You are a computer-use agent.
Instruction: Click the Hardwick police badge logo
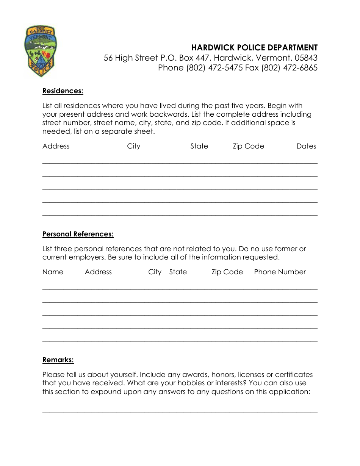41,51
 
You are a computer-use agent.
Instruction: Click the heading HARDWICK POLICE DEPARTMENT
254,48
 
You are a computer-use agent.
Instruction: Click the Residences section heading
63,91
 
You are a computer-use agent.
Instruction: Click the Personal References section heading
78,234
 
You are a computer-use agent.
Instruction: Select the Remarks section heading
58,360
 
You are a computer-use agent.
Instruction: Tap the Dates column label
306,146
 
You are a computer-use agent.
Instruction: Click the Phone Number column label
280,272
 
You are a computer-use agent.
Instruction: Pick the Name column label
53,272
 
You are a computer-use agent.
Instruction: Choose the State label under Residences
199,146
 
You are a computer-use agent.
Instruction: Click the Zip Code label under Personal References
227,272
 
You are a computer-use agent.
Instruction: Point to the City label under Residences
134,146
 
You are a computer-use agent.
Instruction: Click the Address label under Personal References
98,272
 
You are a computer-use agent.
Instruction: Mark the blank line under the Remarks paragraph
180,412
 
